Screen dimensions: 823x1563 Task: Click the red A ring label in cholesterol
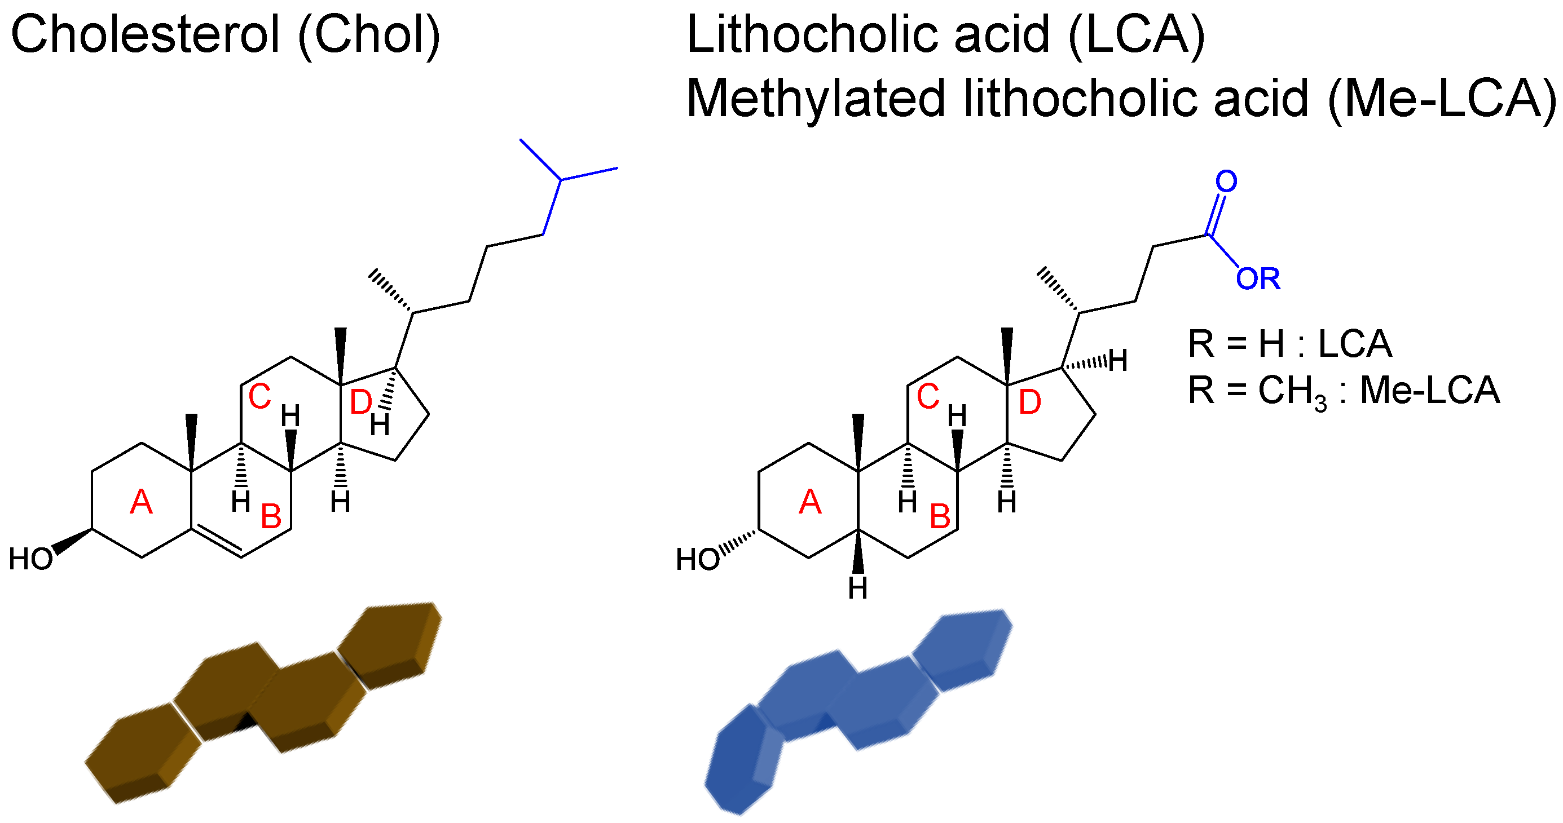142,502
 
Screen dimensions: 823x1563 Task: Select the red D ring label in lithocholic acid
1029,402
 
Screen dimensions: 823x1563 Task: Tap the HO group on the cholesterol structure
30,559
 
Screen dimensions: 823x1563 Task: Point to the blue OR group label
1258,280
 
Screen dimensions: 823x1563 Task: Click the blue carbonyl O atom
1226,182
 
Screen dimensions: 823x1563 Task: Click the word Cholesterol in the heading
146,34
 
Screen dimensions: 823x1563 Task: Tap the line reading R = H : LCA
1289,344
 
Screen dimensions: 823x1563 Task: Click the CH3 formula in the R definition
1292,391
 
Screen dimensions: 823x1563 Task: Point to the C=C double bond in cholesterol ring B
217,542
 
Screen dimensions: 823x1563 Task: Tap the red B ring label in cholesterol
271,517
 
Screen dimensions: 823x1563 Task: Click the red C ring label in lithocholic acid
928,397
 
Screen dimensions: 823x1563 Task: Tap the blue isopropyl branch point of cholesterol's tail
561,179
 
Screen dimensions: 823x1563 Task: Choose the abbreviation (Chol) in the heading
369,34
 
